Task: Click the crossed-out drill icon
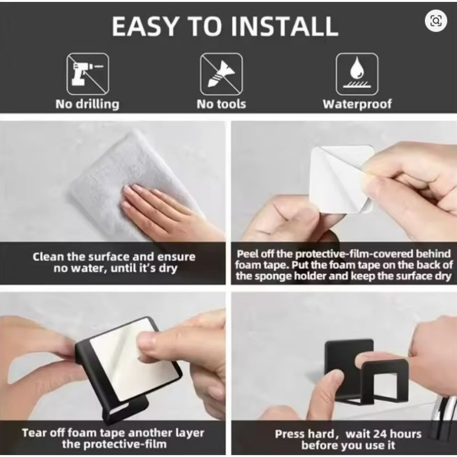point(88,74)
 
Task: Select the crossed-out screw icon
point(221,74)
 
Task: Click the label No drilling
point(87,104)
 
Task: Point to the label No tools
point(221,104)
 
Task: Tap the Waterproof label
point(357,105)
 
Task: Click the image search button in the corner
point(436,22)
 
